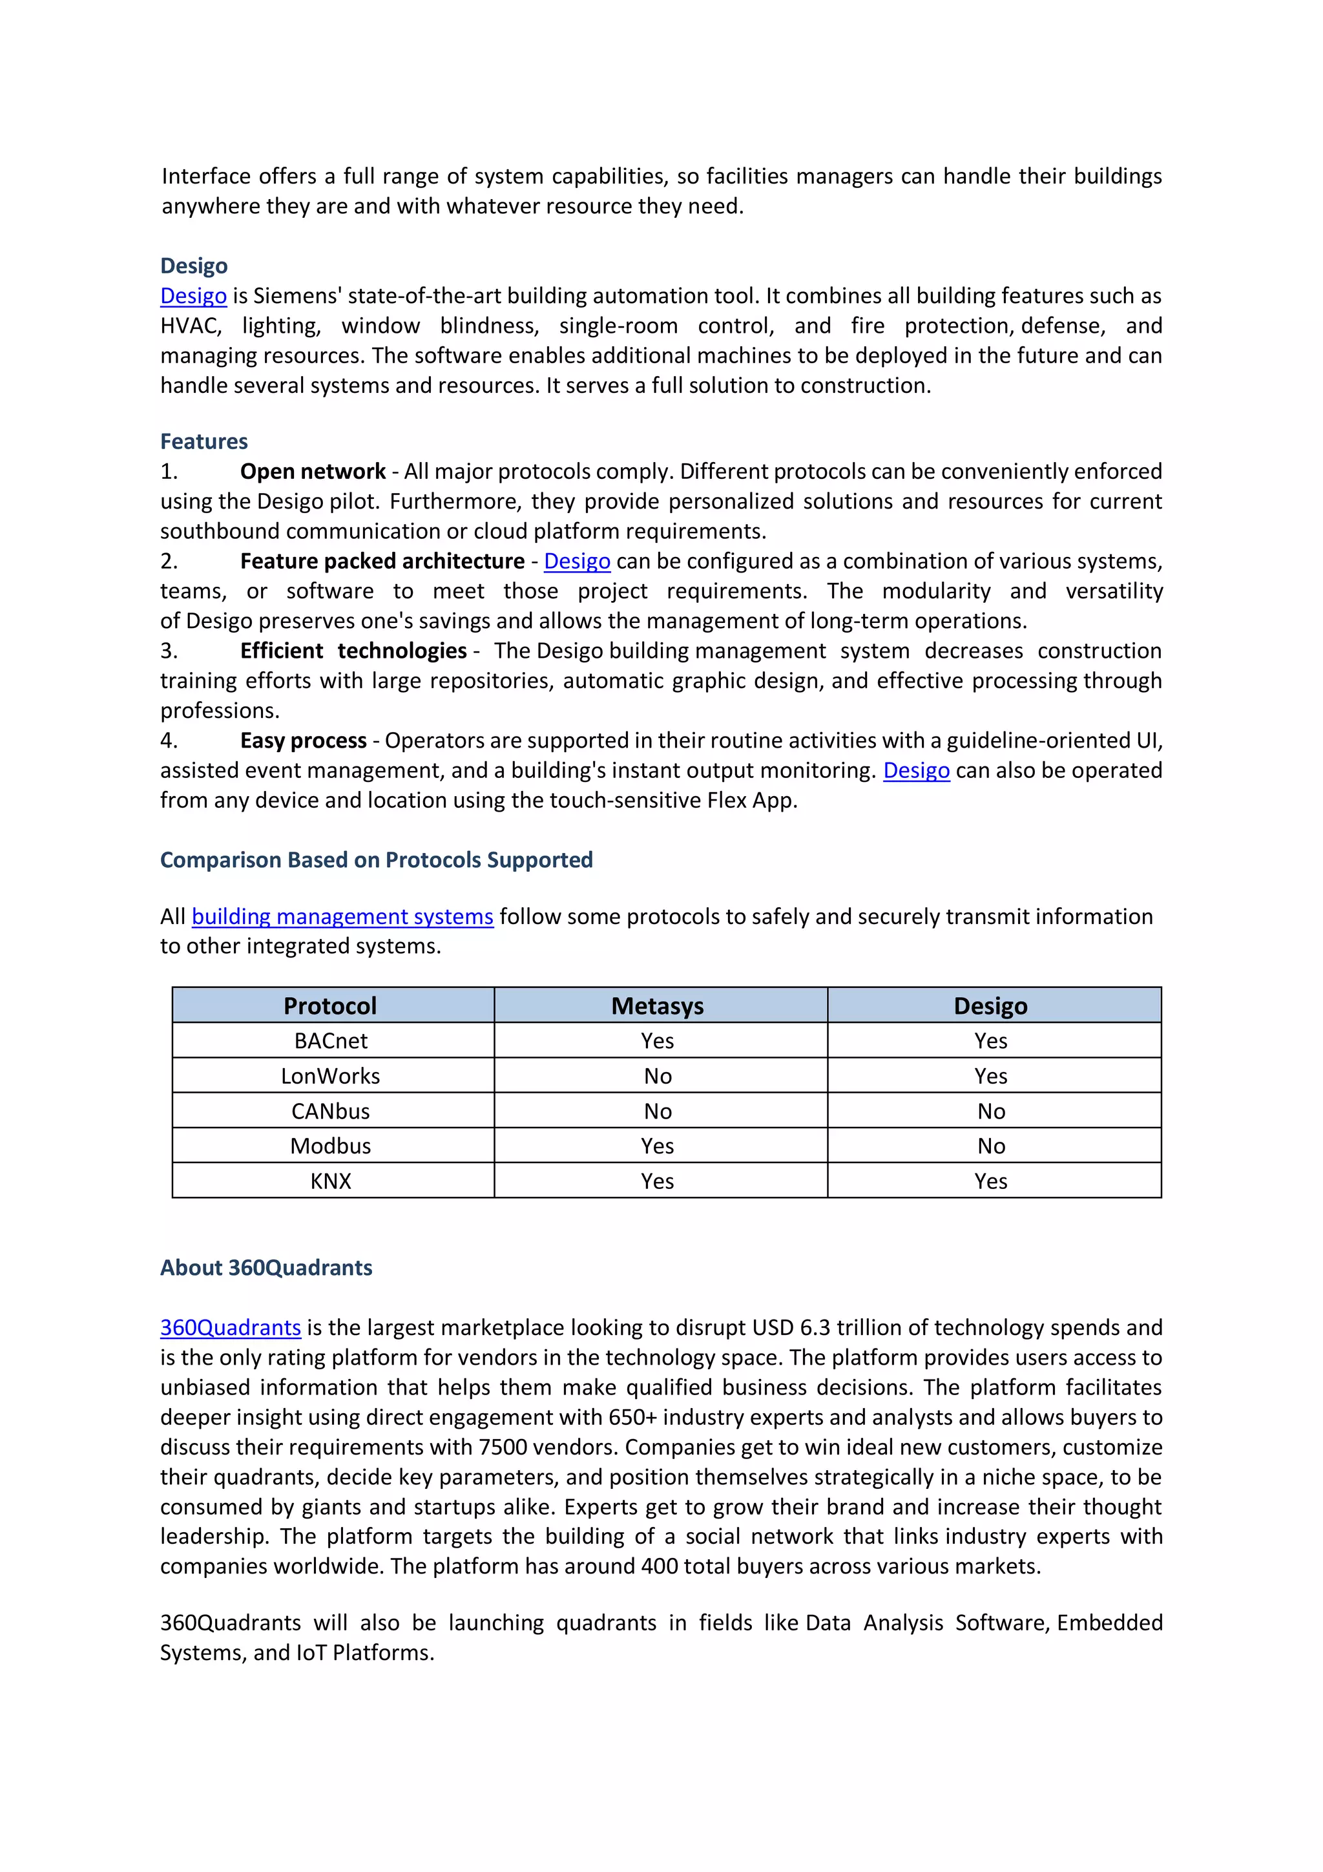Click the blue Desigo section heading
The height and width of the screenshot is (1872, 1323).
click(x=193, y=266)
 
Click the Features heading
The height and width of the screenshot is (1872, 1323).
click(x=203, y=441)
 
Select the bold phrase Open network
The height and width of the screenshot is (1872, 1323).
click(x=312, y=471)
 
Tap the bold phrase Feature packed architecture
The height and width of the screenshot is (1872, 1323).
click(x=382, y=561)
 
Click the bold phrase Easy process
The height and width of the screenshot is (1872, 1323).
click(x=303, y=741)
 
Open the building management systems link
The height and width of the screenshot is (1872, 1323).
click(x=342, y=916)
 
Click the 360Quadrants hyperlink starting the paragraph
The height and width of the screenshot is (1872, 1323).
click(x=230, y=1327)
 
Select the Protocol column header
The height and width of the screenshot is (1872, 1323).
click(x=330, y=1006)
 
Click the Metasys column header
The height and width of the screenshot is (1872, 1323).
click(x=657, y=1006)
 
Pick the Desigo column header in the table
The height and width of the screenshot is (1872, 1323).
click(x=990, y=1006)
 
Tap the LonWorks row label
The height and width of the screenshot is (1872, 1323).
click(x=330, y=1077)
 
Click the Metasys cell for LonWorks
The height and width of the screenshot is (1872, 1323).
click(x=657, y=1077)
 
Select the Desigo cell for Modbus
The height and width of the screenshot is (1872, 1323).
click(x=990, y=1146)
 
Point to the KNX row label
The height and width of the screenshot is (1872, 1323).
click(x=330, y=1181)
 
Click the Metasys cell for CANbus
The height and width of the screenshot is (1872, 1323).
click(x=657, y=1111)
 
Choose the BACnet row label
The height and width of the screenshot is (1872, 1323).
click(x=330, y=1041)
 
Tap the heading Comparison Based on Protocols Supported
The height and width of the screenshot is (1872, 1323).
click(x=376, y=860)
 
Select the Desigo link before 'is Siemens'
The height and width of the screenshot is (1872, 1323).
click(x=193, y=296)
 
